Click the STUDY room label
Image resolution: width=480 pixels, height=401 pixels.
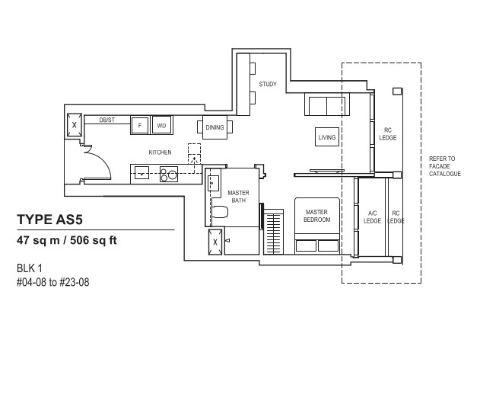[x=268, y=84]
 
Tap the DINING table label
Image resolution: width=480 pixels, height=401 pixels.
[x=215, y=127]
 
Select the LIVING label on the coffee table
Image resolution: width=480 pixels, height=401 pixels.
[x=327, y=137]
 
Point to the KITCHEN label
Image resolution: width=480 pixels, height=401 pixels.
[x=160, y=152]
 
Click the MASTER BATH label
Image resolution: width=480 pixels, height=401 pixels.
[x=238, y=197]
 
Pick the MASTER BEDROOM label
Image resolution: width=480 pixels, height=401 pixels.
[x=317, y=216]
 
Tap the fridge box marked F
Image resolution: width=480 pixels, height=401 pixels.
[x=140, y=125]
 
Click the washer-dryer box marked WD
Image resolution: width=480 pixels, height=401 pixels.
[x=161, y=125]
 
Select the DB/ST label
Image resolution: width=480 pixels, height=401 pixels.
[x=106, y=120]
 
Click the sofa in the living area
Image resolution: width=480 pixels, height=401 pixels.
[x=327, y=105]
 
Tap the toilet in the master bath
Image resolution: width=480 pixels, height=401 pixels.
[x=220, y=212]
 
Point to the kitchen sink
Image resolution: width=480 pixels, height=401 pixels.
[x=141, y=173]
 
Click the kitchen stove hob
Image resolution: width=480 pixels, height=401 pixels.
[x=169, y=174]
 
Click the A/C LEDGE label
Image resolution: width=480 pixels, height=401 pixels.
[x=372, y=217]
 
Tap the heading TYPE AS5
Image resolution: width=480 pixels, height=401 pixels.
[x=50, y=220]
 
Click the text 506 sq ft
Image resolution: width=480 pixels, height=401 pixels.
[x=94, y=240]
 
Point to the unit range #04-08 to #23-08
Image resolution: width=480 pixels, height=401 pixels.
[x=53, y=282]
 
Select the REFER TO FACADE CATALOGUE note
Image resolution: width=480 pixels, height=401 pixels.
[x=445, y=166]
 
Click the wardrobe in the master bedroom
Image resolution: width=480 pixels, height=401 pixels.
[x=274, y=232]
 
